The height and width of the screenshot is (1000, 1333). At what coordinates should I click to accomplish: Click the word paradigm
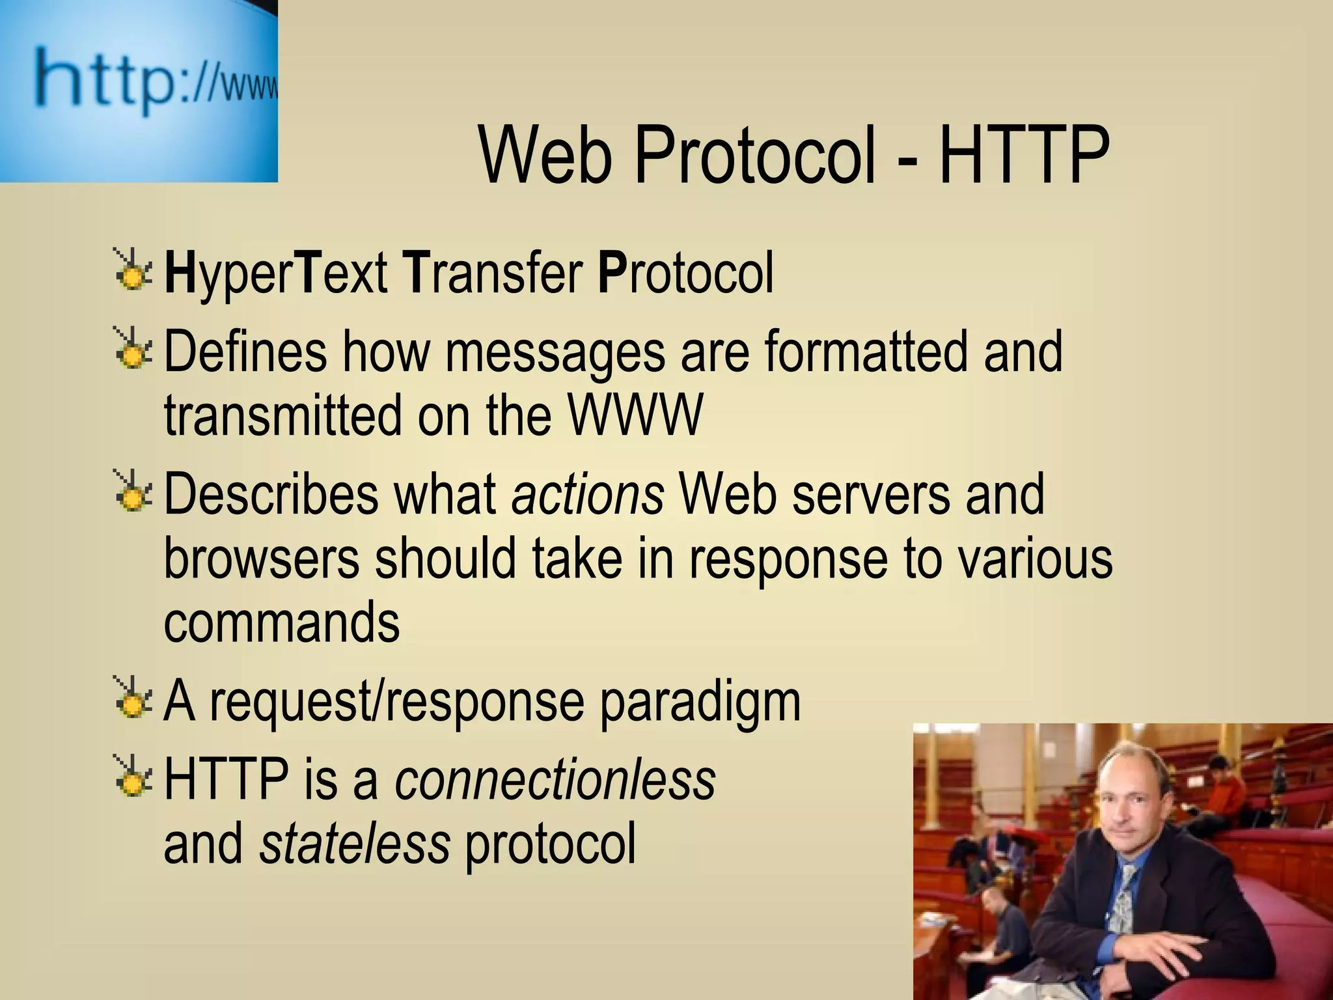tap(700, 703)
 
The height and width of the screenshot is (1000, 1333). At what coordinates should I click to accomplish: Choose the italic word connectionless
tap(555, 779)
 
